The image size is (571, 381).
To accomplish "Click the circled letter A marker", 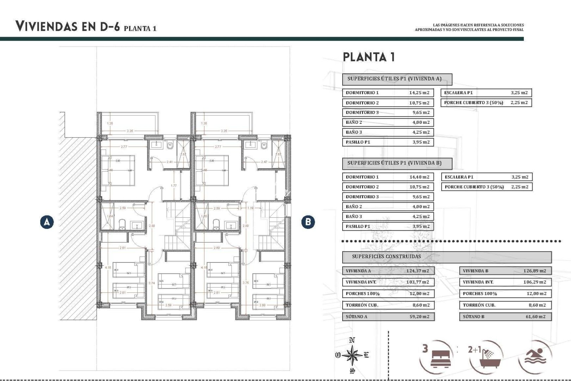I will (47, 222).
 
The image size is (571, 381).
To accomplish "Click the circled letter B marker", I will (308, 222).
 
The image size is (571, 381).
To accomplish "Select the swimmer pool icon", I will (535, 356).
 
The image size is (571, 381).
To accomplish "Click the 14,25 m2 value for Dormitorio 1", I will (419, 93).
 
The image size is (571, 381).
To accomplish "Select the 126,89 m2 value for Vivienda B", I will (534, 271).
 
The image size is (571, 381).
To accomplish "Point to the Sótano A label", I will (356, 317).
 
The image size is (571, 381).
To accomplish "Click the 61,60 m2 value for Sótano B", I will (535, 317).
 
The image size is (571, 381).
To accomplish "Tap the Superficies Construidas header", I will (386, 256).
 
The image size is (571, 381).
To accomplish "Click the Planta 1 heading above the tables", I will (369, 57).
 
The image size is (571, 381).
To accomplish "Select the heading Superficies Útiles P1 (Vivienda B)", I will (394, 163).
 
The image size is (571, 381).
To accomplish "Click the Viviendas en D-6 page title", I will (68, 26).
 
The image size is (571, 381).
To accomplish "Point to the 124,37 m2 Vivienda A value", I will (417, 271).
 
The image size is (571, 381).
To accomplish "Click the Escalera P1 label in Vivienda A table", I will (458, 93).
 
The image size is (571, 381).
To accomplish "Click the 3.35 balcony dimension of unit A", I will (130, 131).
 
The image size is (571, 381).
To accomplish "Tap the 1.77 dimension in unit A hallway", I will (174, 186).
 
